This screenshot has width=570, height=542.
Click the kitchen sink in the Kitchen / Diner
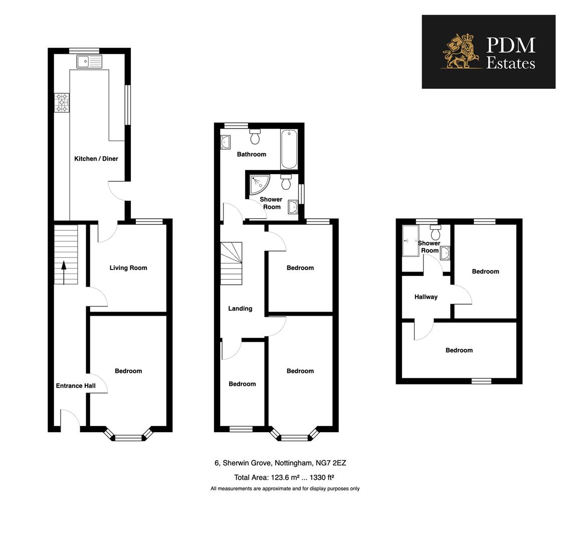click(x=89, y=62)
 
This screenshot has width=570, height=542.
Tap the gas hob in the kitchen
click(x=62, y=102)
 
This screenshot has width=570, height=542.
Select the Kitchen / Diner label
click(x=96, y=159)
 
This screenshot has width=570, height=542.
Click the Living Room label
click(x=128, y=268)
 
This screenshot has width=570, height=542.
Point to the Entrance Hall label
click(x=76, y=386)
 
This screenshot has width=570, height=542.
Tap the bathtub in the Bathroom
click(x=289, y=149)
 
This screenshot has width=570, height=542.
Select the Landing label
click(x=240, y=309)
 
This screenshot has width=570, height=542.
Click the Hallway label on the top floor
click(x=426, y=297)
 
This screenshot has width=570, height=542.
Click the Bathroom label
click(x=252, y=154)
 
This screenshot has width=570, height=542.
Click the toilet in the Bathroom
click(x=255, y=137)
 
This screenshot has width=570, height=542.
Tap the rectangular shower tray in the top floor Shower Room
click(x=410, y=240)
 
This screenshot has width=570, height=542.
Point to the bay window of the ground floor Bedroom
click(x=128, y=436)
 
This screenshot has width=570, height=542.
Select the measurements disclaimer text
click(x=285, y=489)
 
